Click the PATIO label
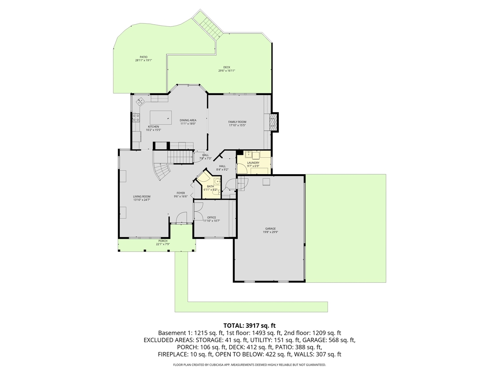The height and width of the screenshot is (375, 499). click(x=143, y=57)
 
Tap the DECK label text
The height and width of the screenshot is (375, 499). click(x=226, y=67)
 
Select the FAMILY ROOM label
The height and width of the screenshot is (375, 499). click(x=237, y=122)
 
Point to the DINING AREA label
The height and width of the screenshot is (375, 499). click(x=188, y=120)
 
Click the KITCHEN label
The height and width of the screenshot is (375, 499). click(x=153, y=127)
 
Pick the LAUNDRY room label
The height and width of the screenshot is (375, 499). click(x=253, y=163)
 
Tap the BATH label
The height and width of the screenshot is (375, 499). click(x=211, y=186)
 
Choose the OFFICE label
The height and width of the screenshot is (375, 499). click(x=211, y=218)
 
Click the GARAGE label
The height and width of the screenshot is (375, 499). click(x=270, y=229)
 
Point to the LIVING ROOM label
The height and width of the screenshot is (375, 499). click(x=142, y=196)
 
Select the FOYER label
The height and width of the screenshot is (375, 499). click(x=180, y=193)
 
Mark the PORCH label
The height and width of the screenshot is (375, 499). click(x=163, y=241)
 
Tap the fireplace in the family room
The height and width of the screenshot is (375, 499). click(x=274, y=122)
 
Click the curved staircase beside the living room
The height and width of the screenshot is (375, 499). click(x=162, y=172)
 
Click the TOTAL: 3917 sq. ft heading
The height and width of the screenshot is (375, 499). click(x=249, y=325)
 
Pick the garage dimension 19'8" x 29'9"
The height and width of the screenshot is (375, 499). click(x=270, y=232)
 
